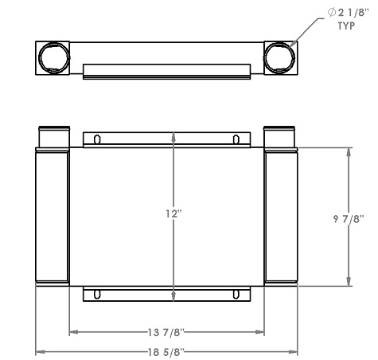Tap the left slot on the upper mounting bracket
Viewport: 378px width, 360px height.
pyautogui.click(x=96, y=140)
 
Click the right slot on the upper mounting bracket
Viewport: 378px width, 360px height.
pyautogui.click(x=236, y=140)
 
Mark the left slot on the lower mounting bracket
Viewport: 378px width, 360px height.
pyautogui.click(x=96, y=294)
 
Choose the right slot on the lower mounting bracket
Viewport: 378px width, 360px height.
pyautogui.click(x=236, y=294)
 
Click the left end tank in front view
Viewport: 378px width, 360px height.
pyautogui.click(x=52, y=217)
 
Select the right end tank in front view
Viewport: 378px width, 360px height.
pyautogui.click(x=280, y=217)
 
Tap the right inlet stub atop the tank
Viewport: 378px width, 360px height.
pyautogui.click(x=279, y=137)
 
